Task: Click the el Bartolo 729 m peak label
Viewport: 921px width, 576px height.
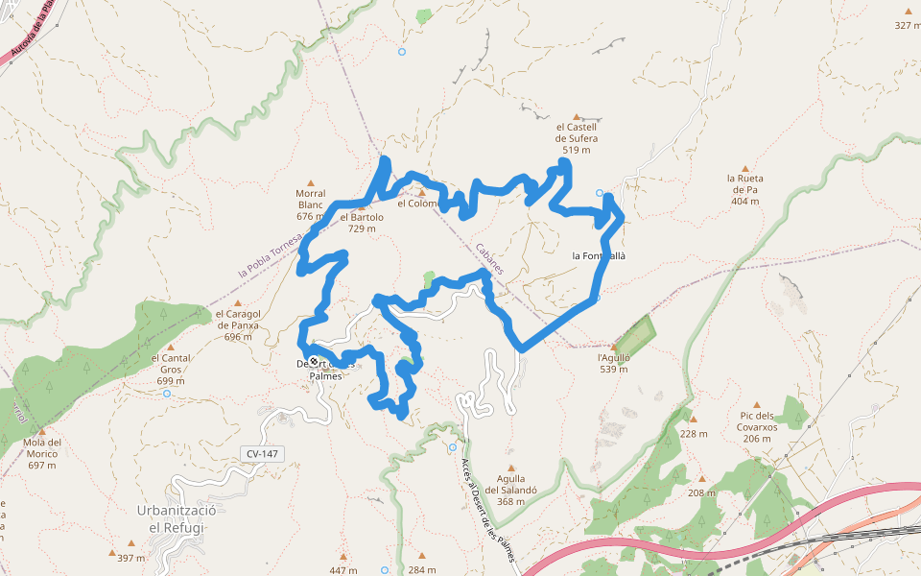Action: [x=362, y=223]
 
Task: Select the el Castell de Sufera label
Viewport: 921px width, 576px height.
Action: [x=577, y=138]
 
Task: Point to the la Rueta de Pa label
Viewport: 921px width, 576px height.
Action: [x=744, y=189]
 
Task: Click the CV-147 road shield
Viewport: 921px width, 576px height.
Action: [x=263, y=453]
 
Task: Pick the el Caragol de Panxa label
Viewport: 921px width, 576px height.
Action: [x=237, y=324]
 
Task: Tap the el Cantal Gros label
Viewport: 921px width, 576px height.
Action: [x=171, y=369]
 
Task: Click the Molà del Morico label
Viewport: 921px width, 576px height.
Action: [x=42, y=453]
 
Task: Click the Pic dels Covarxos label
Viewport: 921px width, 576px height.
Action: [x=756, y=427]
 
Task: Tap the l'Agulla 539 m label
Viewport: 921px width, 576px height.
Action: [x=614, y=363]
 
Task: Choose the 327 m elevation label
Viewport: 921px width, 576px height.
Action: [x=908, y=25]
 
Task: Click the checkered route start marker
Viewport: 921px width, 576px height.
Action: [x=314, y=362]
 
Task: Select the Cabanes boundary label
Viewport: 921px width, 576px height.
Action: [x=489, y=257]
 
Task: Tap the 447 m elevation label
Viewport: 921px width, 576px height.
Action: [x=343, y=570]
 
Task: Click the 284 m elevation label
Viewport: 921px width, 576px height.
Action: [x=422, y=570]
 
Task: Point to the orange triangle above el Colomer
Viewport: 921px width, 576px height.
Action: [x=420, y=192]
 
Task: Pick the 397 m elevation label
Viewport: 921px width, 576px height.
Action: [x=130, y=558]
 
